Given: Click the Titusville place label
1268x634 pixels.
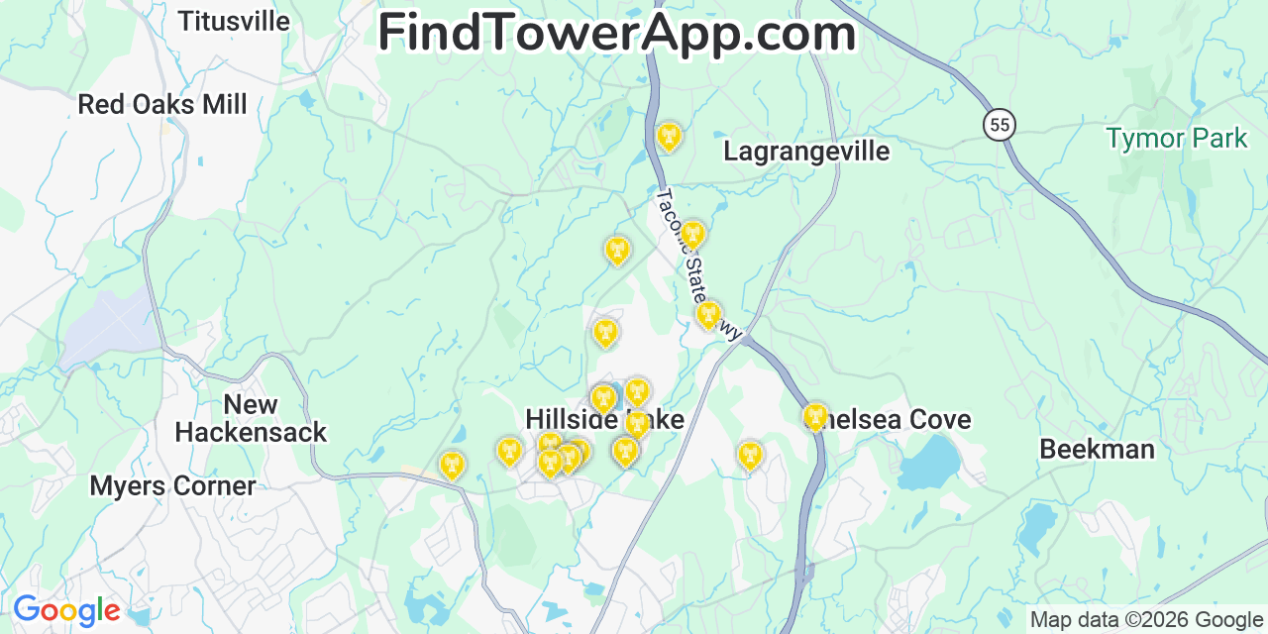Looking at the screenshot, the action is [234, 21].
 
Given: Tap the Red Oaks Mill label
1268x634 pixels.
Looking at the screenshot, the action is [162, 104].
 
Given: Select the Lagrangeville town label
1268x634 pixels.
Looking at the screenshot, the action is [806, 151].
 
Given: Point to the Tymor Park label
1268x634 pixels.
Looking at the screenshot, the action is [1177, 139].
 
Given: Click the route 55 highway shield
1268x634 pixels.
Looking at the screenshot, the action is [1000, 125].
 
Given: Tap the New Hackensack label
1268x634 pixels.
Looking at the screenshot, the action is [251, 418].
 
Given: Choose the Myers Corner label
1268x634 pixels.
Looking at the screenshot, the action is [172, 485].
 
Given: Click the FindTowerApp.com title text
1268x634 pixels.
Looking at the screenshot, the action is [616, 33].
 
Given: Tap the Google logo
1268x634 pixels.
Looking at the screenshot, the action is [66, 610].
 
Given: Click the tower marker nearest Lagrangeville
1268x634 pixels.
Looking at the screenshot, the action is [669, 136].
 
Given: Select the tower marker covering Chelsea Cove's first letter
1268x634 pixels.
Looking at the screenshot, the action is [814, 416].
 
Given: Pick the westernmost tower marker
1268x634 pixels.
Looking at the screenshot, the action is [452, 465].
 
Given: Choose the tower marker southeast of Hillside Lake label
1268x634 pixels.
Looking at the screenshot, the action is [750, 455].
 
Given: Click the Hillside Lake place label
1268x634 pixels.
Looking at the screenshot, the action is [604, 419].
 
